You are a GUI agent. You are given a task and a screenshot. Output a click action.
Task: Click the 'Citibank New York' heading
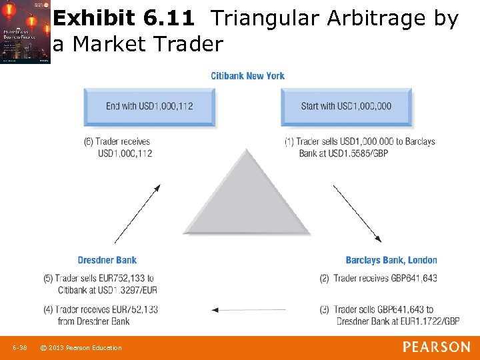(x=247, y=76)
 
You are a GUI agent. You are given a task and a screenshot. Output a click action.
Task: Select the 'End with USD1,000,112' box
(x=149, y=106)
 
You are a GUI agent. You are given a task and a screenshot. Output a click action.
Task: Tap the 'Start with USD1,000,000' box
(x=346, y=106)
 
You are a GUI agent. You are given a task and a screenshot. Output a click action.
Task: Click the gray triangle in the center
(x=247, y=200)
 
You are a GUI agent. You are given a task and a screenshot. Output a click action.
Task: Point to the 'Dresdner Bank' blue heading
(x=107, y=260)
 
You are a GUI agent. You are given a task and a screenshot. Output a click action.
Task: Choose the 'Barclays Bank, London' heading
(x=391, y=260)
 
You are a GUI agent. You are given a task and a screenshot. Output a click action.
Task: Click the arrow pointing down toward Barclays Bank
(x=357, y=213)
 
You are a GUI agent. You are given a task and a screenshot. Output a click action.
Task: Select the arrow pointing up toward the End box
(x=137, y=213)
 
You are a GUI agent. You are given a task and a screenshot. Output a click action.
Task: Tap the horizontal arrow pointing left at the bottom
(x=248, y=309)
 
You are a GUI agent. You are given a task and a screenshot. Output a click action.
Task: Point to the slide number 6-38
(x=20, y=347)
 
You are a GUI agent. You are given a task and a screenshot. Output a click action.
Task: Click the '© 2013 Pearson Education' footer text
(x=81, y=347)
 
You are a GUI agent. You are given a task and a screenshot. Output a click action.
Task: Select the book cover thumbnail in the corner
(x=25, y=32)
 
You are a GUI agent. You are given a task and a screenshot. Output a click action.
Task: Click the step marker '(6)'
(x=89, y=142)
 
